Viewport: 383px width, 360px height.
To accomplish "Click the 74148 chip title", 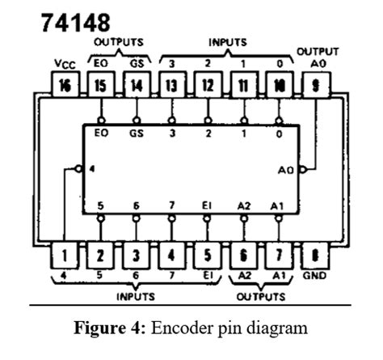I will point(74,21).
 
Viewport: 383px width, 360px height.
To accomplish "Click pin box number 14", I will point(137,85).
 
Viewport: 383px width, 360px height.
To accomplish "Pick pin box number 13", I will point(172,85).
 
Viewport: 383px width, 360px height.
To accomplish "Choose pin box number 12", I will point(208,85).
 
